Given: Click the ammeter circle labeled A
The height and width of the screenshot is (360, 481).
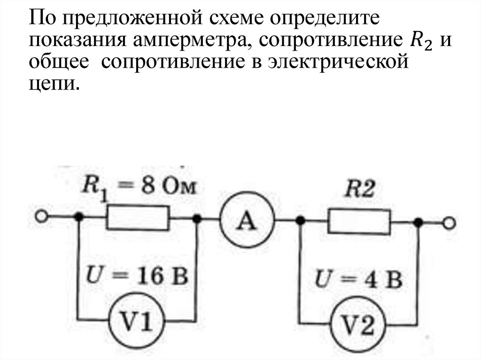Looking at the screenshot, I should click(247, 220).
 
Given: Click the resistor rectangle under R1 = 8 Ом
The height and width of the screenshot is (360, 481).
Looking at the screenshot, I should click(138, 219).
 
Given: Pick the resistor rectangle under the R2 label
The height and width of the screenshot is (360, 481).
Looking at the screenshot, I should click(359, 222).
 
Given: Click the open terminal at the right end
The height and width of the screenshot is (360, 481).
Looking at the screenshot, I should click(450, 224).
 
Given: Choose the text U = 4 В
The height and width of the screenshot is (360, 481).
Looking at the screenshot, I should click(358, 281).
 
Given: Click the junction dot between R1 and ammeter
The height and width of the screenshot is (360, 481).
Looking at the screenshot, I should click(198, 219).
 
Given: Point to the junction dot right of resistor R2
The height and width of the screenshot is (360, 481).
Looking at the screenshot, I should click(418, 222).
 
